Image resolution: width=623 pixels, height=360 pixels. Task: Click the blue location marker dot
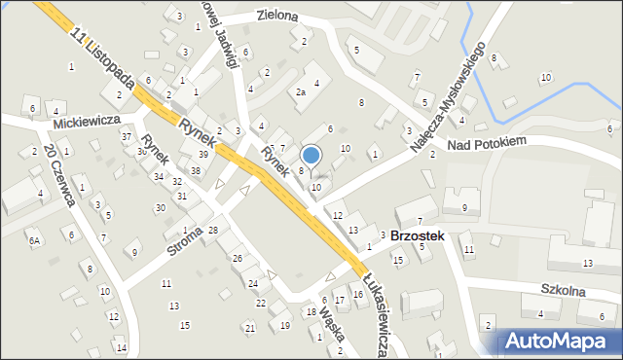click(x=311, y=154)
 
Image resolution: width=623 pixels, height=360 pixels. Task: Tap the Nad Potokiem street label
click(x=487, y=142)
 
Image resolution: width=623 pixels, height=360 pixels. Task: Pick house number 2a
click(x=301, y=92)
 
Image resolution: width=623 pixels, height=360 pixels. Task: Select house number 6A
click(x=34, y=240)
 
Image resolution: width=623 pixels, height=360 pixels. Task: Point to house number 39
click(x=203, y=155)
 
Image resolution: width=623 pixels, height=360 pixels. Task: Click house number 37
click(x=127, y=136)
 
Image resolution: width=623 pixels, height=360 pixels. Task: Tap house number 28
click(x=212, y=230)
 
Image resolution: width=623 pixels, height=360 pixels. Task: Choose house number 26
click(x=237, y=258)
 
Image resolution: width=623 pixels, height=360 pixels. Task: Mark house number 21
click(x=249, y=328)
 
